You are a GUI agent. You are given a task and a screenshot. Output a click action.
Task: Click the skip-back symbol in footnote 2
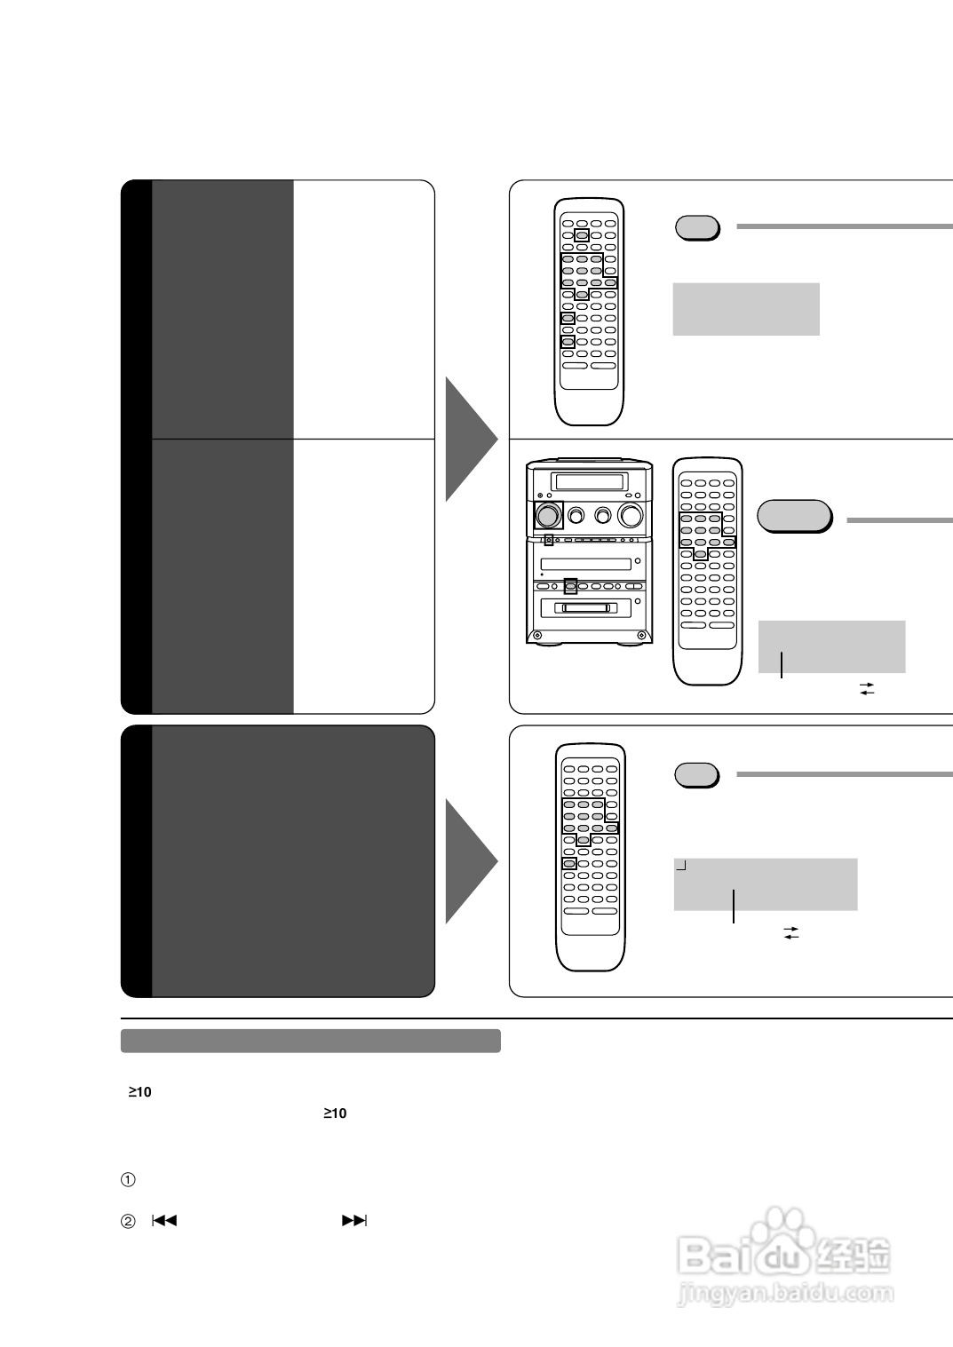(x=164, y=1220)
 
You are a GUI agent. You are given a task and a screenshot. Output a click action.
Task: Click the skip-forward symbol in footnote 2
(x=353, y=1220)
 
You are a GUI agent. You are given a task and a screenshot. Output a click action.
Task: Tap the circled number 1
(x=128, y=1180)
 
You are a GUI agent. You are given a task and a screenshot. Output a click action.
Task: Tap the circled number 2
(x=128, y=1221)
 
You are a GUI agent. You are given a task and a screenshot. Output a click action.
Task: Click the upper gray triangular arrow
(x=470, y=439)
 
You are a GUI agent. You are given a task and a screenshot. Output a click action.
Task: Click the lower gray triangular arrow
(x=470, y=860)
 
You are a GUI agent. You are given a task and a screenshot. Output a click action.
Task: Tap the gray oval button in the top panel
(x=696, y=228)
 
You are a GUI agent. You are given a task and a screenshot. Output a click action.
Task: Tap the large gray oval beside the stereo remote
(x=793, y=516)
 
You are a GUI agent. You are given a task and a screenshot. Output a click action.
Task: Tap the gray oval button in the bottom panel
(x=696, y=774)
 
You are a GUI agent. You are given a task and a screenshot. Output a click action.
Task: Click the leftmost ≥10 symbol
(x=139, y=1092)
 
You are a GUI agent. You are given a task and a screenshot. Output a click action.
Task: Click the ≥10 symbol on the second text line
(x=335, y=1113)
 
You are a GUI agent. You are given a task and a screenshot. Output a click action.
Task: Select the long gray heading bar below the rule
(x=310, y=1041)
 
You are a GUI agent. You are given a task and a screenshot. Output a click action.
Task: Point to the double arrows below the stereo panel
(x=867, y=688)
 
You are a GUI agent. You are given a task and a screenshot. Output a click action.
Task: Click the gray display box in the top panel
(x=746, y=309)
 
